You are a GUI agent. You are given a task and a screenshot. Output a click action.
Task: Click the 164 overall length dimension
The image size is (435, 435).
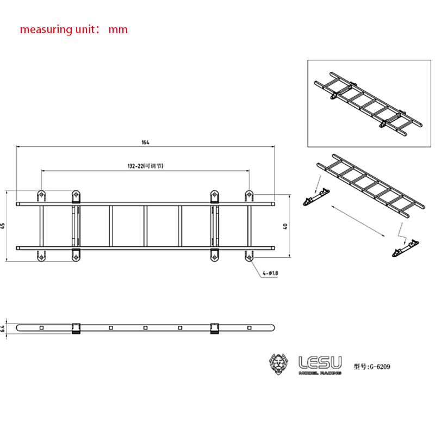pos(145,142)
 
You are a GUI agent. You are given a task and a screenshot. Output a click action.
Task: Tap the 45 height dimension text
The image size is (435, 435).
pos(3,226)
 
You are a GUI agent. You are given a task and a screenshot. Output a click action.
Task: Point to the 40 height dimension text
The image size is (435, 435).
pos(285,226)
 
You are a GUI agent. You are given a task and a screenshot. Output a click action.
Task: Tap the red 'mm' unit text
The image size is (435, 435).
pos(118,29)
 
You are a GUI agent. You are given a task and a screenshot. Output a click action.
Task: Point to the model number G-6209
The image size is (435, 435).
pos(372,366)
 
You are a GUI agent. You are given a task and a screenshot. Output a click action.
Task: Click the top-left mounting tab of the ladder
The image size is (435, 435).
pos(41,195)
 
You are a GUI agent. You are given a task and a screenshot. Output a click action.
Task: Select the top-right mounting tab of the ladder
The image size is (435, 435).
pos(249,195)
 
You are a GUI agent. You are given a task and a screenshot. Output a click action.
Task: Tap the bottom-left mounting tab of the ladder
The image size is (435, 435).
pos(41,254)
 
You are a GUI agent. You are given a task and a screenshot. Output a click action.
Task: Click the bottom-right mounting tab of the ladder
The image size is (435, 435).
pos(249,254)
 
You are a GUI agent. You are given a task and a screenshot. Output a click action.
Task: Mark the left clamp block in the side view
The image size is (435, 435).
pos(76,327)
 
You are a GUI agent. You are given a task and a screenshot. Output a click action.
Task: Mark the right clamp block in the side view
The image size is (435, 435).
pos(214,327)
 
